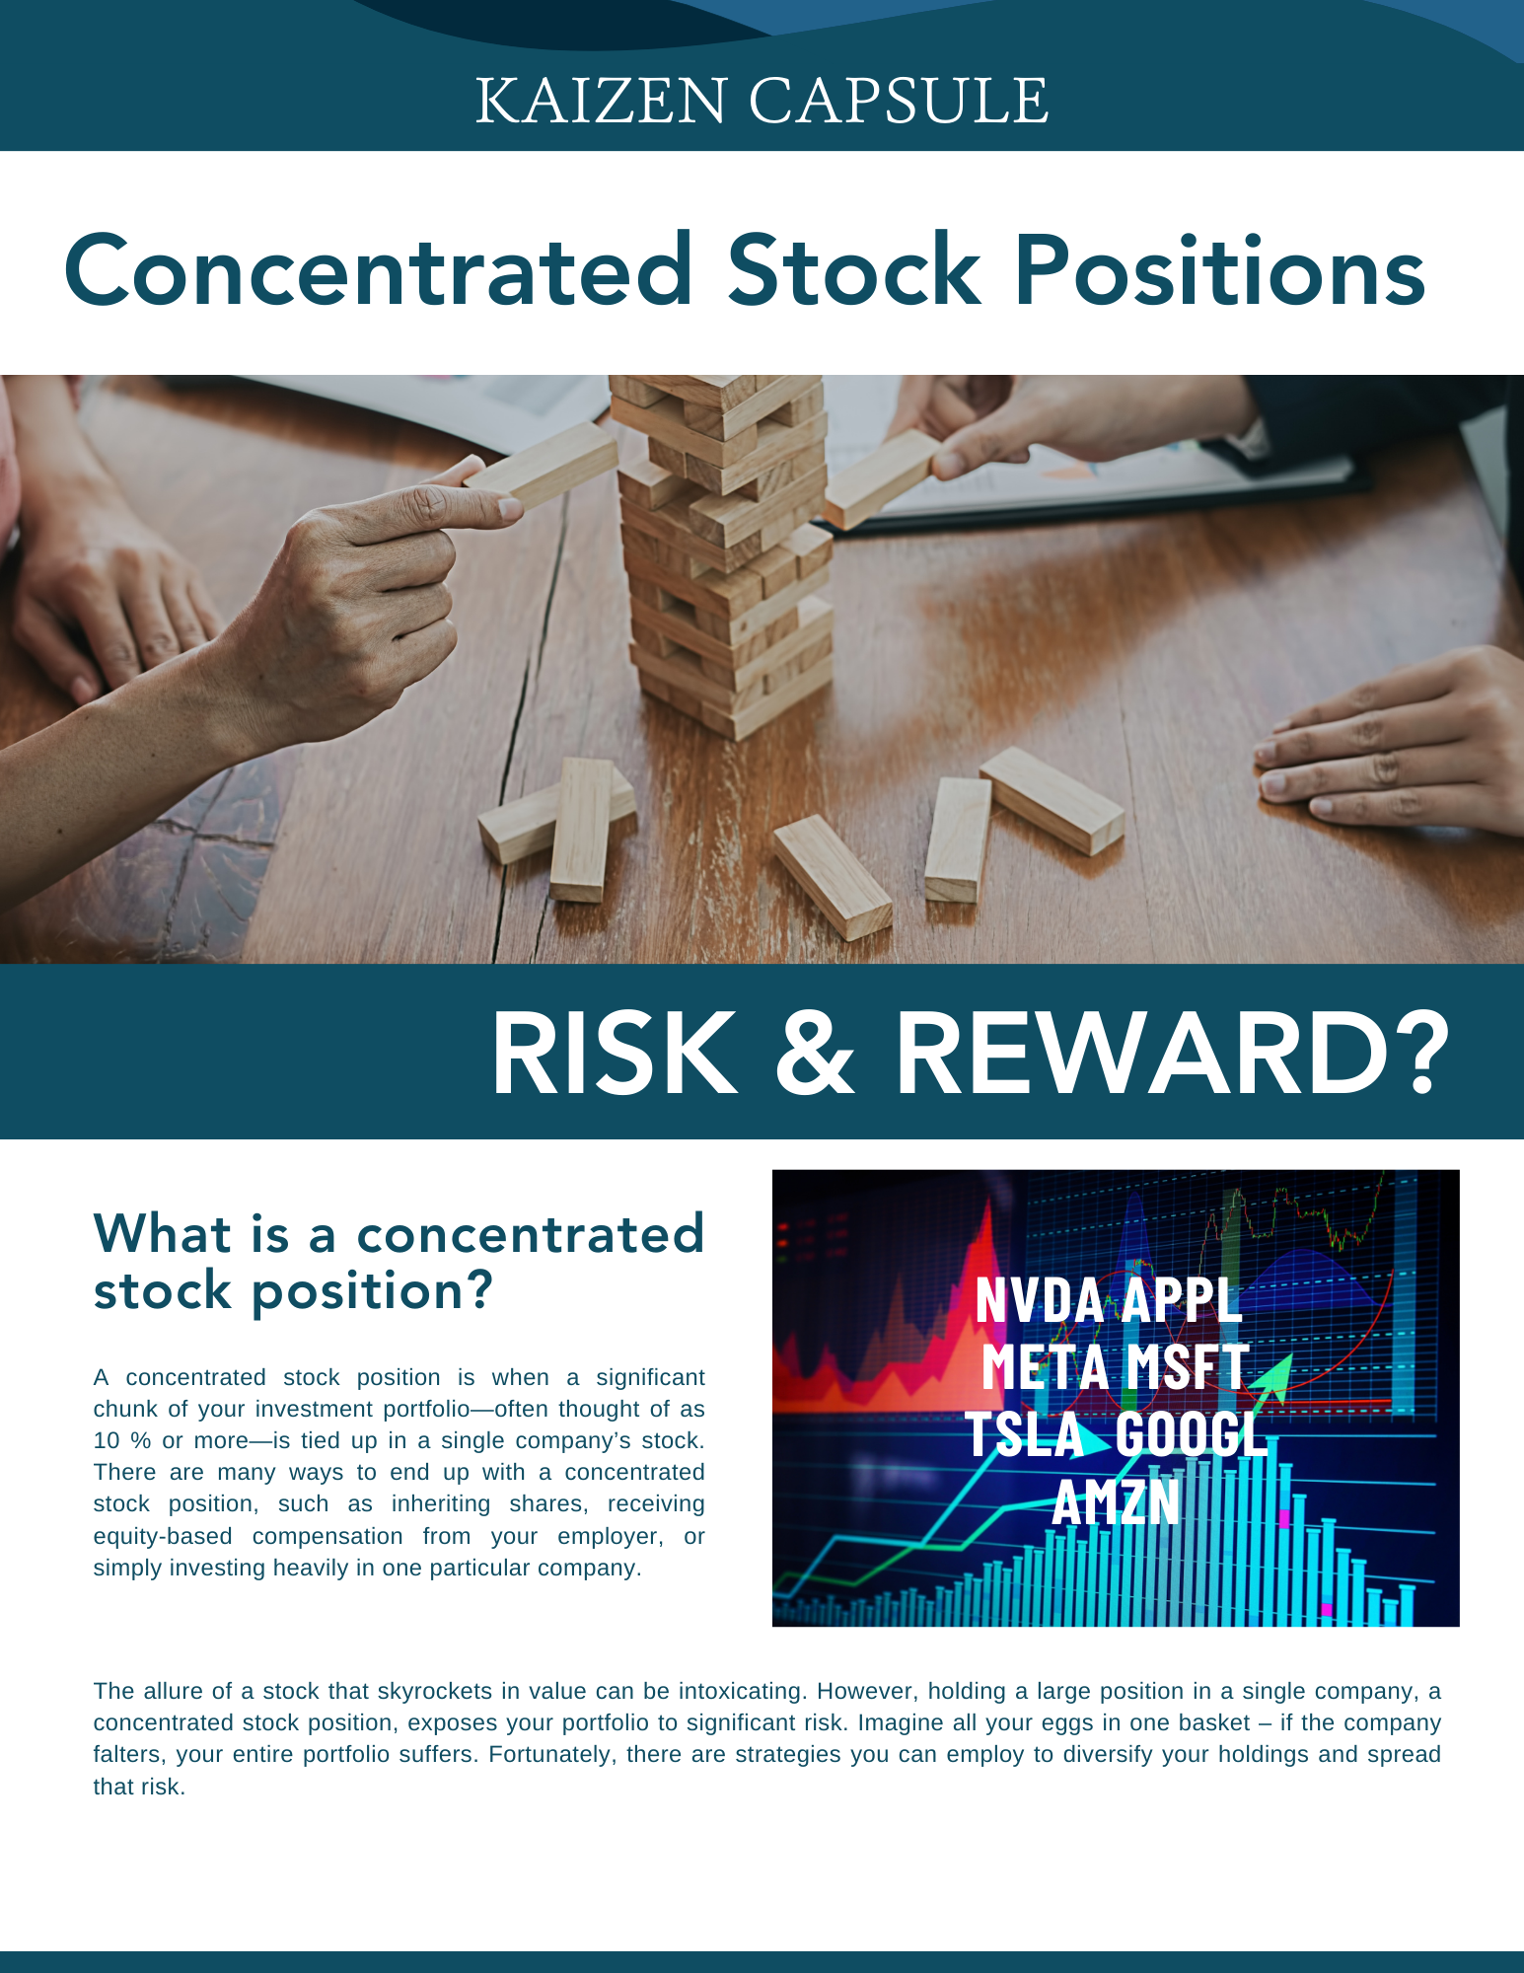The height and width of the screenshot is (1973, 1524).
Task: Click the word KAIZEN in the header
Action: click(x=601, y=101)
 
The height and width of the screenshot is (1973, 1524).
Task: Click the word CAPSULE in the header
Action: click(x=899, y=101)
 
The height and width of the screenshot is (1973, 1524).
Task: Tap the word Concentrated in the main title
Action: click(x=379, y=269)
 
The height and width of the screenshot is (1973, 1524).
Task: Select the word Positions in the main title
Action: click(x=1220, y=269)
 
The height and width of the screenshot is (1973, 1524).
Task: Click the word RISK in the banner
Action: click(x=615, y=1053)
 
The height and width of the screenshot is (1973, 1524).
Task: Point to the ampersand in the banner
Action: click(x=815, y=1053)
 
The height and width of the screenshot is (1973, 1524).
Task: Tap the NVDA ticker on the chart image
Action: click(x=1039, y=1299)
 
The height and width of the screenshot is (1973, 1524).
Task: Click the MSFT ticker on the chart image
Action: click(x=1187, y=1366)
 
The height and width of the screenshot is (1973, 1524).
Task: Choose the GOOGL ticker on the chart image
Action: click(x=1192, y=1433)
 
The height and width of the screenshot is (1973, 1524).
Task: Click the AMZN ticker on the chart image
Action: click(x=1116, y=1501)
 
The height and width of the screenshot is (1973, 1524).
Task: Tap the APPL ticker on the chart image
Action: click(x=1181, y=1299)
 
